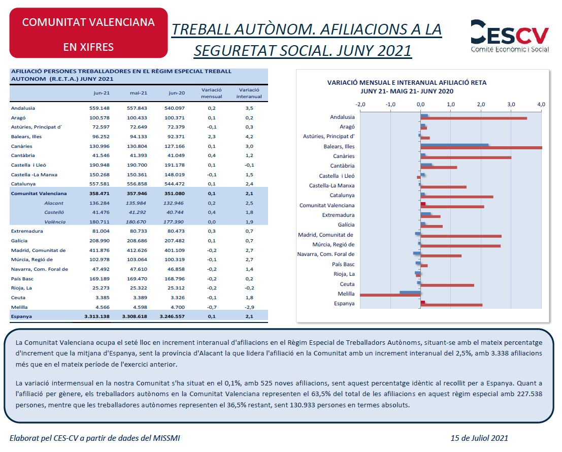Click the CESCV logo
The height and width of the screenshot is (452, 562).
[509, 36]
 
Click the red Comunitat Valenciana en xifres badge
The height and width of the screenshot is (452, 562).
[88, 33]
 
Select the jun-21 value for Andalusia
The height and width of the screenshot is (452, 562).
[100, 108]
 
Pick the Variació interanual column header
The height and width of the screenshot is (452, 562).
[249, 93]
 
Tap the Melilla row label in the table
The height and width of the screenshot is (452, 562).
[19, 307]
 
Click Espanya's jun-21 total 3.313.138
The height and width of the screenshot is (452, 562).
[97, 316]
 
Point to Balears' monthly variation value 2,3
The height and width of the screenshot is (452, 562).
[212, 137]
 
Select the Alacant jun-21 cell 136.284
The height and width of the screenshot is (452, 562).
[100, 203]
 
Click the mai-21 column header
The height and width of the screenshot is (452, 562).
[139, 93]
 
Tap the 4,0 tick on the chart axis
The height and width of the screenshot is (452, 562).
[541, 104]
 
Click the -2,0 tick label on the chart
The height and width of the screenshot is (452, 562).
[360, 104]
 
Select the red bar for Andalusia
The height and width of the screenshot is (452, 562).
[474, 118]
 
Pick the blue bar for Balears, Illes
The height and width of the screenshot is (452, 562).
[454, 145]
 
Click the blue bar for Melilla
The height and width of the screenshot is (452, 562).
[410, 293]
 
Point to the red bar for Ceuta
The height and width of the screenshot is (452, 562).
[447, 285]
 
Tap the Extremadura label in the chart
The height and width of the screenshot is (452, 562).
[338, 215]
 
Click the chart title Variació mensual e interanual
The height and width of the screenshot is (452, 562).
[407, 83]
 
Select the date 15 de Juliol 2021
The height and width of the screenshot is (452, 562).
[479, 438]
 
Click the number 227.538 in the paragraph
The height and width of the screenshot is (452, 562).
[530, 394]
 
